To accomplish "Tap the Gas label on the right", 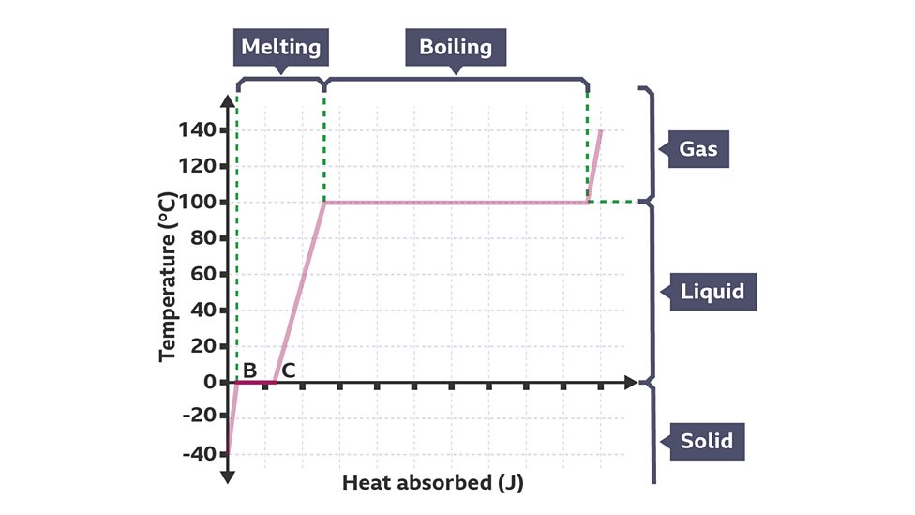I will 698,148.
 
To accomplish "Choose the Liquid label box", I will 712,292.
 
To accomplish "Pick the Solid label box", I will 707,440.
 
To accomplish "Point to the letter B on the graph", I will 250,370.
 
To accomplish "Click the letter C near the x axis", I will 289,370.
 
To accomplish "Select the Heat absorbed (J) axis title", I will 432,484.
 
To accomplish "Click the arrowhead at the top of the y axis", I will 227,99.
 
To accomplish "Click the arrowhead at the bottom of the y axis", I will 227,477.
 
